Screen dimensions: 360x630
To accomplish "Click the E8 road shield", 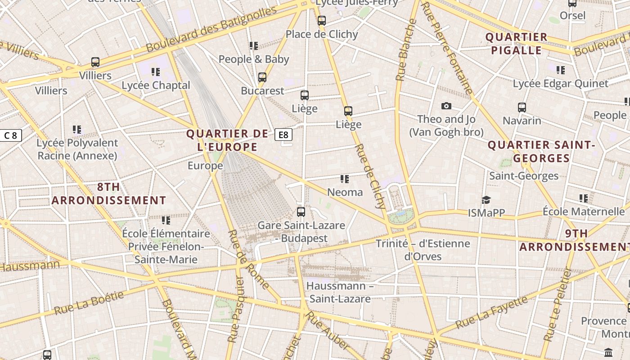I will click(283, 135).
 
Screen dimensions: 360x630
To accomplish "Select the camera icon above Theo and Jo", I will click(446, 106).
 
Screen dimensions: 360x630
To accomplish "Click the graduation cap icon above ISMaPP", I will click(486, 200).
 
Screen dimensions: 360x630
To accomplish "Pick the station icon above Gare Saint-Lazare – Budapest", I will click(301, 211).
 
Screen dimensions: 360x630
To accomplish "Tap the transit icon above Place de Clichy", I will click(321, 21).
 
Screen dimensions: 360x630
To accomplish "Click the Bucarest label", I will click(263, 90).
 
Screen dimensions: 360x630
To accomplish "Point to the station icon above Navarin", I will click(522, 108).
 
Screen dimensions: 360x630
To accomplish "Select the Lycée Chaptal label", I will click(156, 85).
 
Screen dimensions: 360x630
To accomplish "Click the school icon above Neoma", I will click(345, 179).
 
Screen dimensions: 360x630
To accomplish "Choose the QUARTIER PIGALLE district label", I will click(516, 44).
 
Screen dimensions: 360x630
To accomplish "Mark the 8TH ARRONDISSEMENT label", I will click(109, 193).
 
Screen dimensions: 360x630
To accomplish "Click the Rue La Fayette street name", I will click(491, 312).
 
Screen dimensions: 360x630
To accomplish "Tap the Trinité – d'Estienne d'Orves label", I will click(423, 250).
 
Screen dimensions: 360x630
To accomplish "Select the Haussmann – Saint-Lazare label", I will click(340, 292).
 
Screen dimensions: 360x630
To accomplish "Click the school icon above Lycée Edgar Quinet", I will click(560, 70).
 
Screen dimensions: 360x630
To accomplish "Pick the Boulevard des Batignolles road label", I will click(211, 29).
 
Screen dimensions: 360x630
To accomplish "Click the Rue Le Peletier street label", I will click(558, 305).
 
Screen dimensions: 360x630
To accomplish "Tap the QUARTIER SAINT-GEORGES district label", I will click(541, 152).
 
